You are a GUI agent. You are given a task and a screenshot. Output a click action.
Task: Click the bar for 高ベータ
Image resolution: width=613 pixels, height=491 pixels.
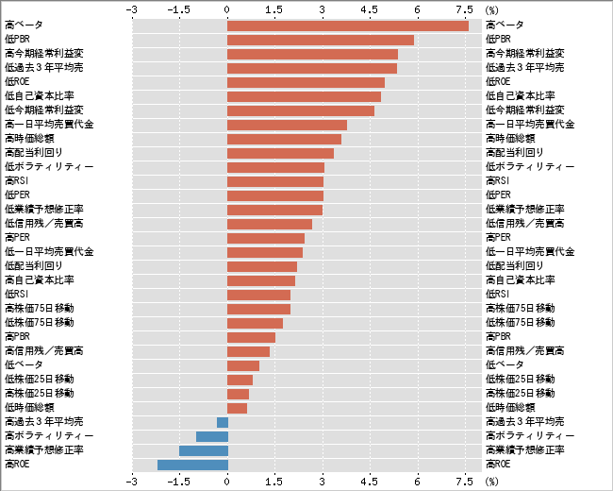pyautogui.click(x=347, y=25)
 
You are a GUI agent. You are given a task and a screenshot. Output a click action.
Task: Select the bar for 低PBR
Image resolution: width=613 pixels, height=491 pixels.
pyautogui.click(x=321, y=40)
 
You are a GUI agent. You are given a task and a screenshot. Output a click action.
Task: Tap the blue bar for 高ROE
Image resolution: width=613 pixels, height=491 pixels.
pyautogui.click(x=192, y=464)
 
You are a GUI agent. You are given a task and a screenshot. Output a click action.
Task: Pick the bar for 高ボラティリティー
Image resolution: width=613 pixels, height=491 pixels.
pyautogui.click(x=211, y=435)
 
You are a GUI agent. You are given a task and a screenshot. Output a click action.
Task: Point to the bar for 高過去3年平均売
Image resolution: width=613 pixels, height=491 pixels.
pyautogui.click(x=223, y=421)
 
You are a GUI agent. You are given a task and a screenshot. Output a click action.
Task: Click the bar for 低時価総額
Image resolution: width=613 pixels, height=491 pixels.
pyautogui.click(x=237, y=407)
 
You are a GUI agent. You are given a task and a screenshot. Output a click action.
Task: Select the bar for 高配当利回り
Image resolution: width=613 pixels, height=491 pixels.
pyautogui.click(x=280, y=153)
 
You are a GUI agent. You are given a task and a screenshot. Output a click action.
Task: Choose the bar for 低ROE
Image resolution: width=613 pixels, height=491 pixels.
pyautogui.click(x=306, y=82)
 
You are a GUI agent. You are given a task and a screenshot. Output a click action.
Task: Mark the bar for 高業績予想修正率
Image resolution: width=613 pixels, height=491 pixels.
pyautogui.click(x=203, y=449)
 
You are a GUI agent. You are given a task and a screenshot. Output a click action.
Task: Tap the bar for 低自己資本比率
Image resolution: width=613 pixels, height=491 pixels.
pyautogui.click(x=304, y=96)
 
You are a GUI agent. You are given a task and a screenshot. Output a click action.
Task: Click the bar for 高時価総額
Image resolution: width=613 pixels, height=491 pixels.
pyautogui.click(x=284, y=139)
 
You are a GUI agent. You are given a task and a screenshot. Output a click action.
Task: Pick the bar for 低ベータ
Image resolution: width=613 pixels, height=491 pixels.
pyautogui.click(x=243, y=364)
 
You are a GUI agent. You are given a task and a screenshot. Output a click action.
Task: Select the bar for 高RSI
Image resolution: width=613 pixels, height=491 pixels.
pyautogui.click(x=275, y=181)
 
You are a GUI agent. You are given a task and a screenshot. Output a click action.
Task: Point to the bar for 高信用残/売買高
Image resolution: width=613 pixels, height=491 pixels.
pyautogui.click(x=248, y=350)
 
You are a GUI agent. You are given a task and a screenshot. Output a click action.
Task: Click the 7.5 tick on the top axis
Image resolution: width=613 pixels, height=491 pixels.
pyautogui.click(x=464, y=8)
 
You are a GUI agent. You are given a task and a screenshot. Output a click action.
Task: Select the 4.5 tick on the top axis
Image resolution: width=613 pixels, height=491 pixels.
pyautogui.click(x=371, y=8)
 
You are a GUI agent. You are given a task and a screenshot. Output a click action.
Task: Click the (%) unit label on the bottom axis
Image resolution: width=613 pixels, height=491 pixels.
pyautogui.click(x=491, y=481)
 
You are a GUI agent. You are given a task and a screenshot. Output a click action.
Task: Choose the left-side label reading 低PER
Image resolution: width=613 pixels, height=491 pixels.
pyautogui.click(x=19, y=195)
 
